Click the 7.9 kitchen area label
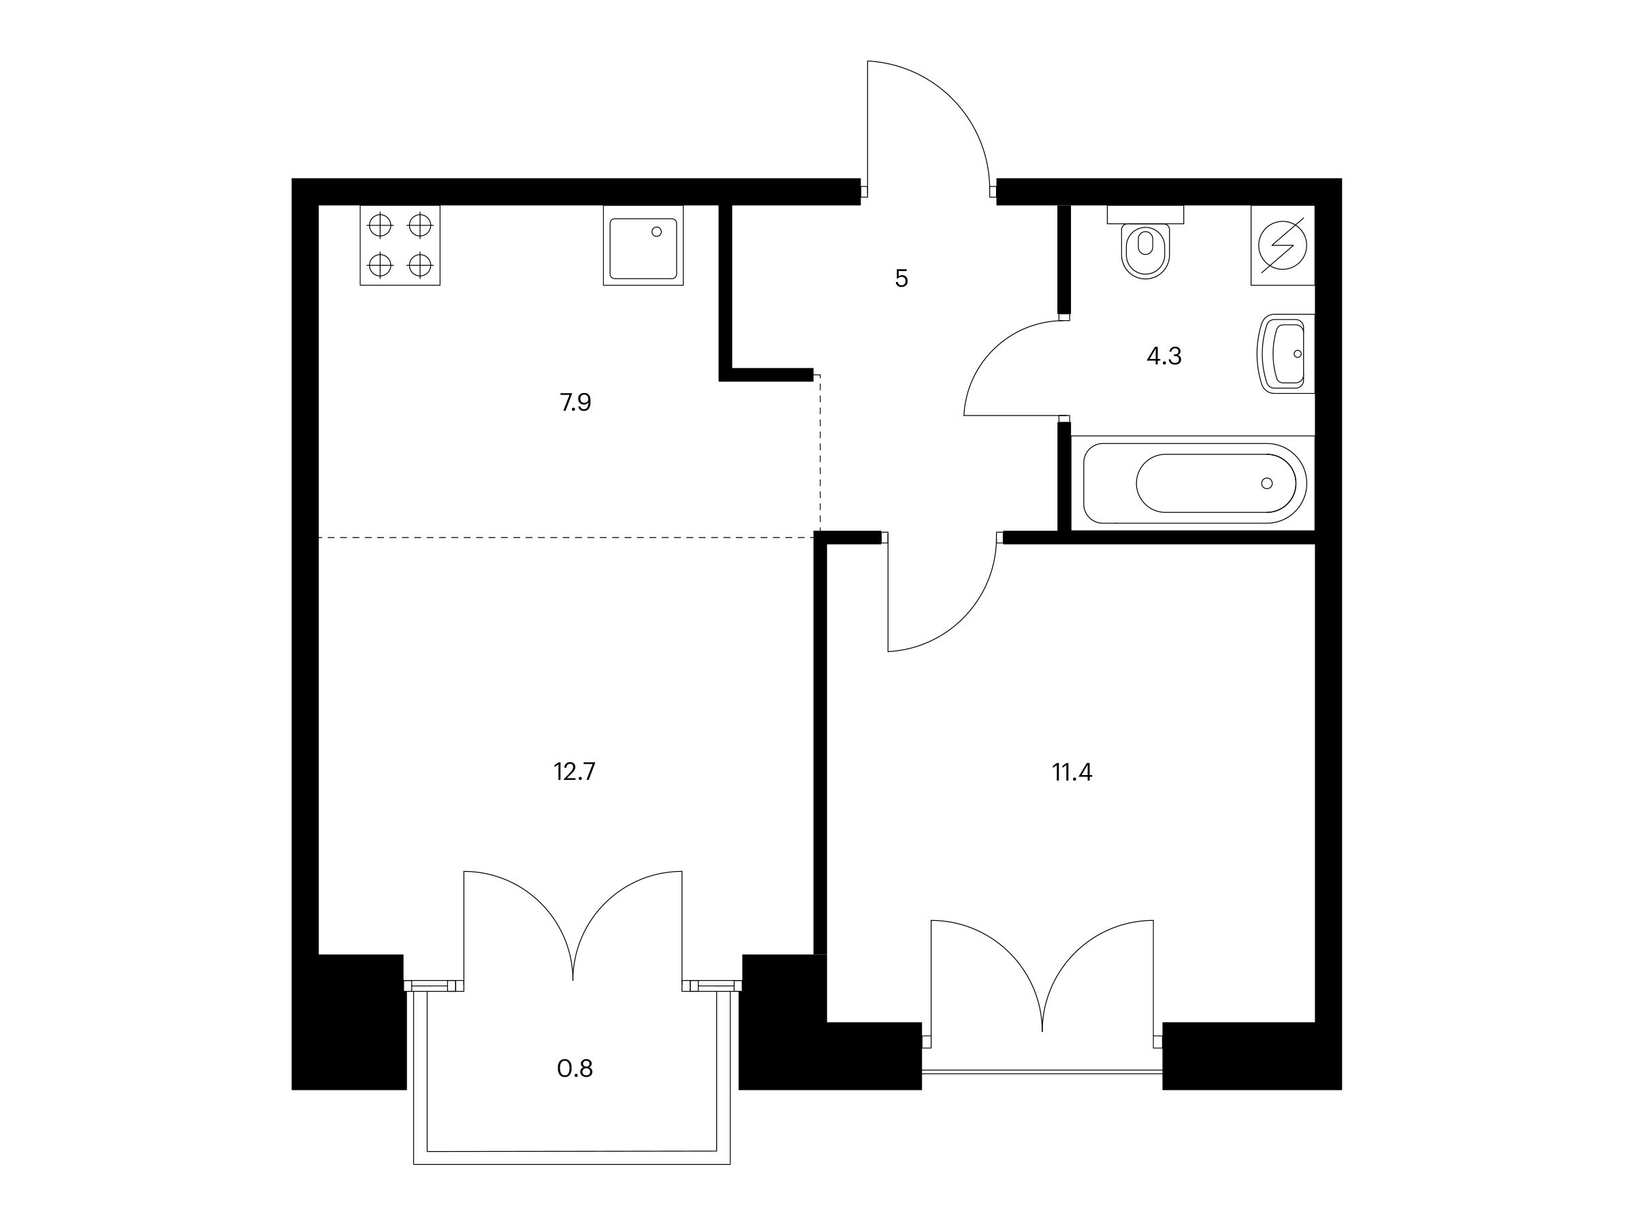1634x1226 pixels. [x=575, y=403]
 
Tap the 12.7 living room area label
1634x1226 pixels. [x=574, y=772]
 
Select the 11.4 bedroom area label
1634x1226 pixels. [x=1072, y=772]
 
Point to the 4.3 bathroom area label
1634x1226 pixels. [x=1164, y=357]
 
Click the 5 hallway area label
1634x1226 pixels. [x=901, y=279]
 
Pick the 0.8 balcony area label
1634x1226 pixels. [x=575, y=1069]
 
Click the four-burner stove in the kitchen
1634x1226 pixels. [x=400, y=245]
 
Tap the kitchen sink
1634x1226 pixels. [x=643, y=245]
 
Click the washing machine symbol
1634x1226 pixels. [x=1283, y=245]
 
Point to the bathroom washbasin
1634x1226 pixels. [x=1286, y=354]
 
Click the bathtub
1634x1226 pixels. [x=1194, y=484]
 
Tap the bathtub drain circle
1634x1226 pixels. [x=1267, y=484]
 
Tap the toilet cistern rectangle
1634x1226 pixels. [x=1146, y=215]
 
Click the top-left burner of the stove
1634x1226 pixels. [x=380, y=225]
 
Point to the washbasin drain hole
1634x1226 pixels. [x=1298, y=354]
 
